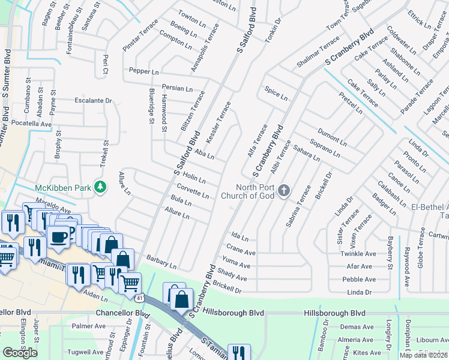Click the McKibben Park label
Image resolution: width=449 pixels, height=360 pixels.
point(63,188)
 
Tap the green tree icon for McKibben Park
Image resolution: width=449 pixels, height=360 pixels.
point(101,188)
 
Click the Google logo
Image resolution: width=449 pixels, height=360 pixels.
point(20,352)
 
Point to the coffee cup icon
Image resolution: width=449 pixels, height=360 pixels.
point(58,237)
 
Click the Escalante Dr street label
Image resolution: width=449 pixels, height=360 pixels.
point(93,101)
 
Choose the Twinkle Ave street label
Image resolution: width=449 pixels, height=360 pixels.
point(357,254)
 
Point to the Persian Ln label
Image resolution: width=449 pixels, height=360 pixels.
point(177,88)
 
